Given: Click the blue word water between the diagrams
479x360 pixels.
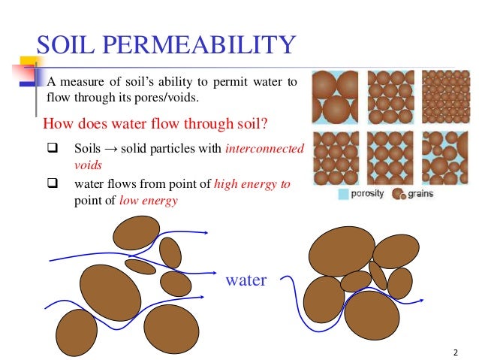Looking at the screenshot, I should (x=246, y=280).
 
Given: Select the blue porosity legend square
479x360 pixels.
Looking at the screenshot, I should (x=343, y=194).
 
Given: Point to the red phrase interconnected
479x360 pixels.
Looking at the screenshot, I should (x=264, y=148).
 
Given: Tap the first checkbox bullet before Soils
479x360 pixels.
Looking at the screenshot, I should (x=53, y=148).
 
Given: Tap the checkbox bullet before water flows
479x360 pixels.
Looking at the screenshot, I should (x=53, y=183).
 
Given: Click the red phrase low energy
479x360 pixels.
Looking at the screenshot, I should (x=149, y=201).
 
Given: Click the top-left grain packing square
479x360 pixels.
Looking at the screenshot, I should (x=335, y=96).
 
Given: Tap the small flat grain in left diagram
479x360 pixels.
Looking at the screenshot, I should (x=140, y=266).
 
